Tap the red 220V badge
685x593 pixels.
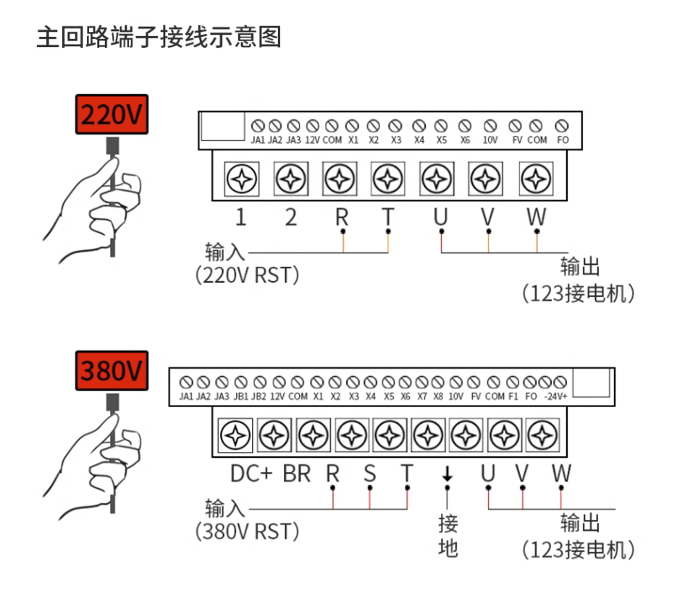click(112, 114)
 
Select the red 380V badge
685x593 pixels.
click(112, 370)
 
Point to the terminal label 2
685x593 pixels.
click(290, 217)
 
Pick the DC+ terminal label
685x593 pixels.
click(251, 474)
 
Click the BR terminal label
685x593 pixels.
click(297, 474)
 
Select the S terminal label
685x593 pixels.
click(369, 474)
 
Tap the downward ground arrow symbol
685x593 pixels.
click(447, 474)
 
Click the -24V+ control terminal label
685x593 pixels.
click(555, 396)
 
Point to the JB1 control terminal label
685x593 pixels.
click(241, 396)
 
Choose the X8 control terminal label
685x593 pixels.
click(438, 396)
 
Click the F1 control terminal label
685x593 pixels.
click(513, 396)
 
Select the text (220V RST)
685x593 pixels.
click(247, 276)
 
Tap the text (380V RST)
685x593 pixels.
click(247, 532)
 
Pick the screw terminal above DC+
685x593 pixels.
click(235, 435)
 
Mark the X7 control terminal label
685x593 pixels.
click(422, 396)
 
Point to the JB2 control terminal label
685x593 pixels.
click(259, 396)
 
